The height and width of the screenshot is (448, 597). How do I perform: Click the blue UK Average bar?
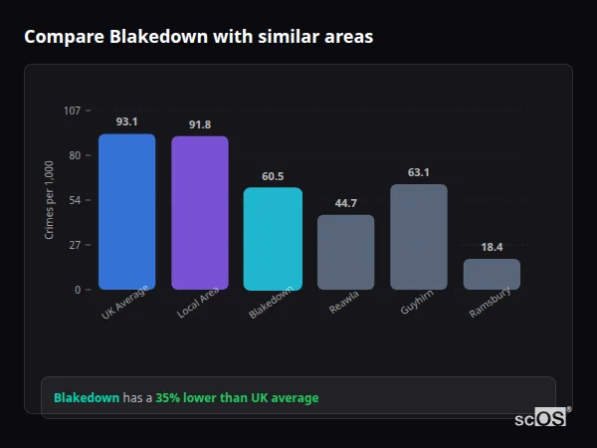(126, 211)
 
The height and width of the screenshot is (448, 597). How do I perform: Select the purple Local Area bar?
(199, 212)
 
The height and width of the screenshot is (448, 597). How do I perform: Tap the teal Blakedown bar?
(273, 238)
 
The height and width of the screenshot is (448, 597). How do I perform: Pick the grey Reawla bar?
(345, 252)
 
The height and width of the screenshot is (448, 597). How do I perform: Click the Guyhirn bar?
(419, 236)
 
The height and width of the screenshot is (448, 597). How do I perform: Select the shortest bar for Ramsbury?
(492, 274)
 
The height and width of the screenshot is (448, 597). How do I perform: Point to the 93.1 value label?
(126, 121)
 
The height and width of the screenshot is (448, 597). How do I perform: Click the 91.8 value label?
(199, 124)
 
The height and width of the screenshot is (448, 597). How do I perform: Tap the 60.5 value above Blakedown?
(273, 176)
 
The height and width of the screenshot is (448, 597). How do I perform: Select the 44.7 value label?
(345, 203)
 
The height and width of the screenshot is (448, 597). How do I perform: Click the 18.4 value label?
(492, 247)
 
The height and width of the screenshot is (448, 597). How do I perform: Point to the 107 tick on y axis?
(72, 111)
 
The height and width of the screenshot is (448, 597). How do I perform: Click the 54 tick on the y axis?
(75, 200)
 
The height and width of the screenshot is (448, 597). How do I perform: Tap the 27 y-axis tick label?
(75, 245)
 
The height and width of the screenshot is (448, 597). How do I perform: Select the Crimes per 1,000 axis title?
(50, 200)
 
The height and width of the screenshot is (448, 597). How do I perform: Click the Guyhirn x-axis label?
(416, 305)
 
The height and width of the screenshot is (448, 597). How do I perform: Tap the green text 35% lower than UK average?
(237, 398)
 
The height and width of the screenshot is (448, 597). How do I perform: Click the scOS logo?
(540, 418)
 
